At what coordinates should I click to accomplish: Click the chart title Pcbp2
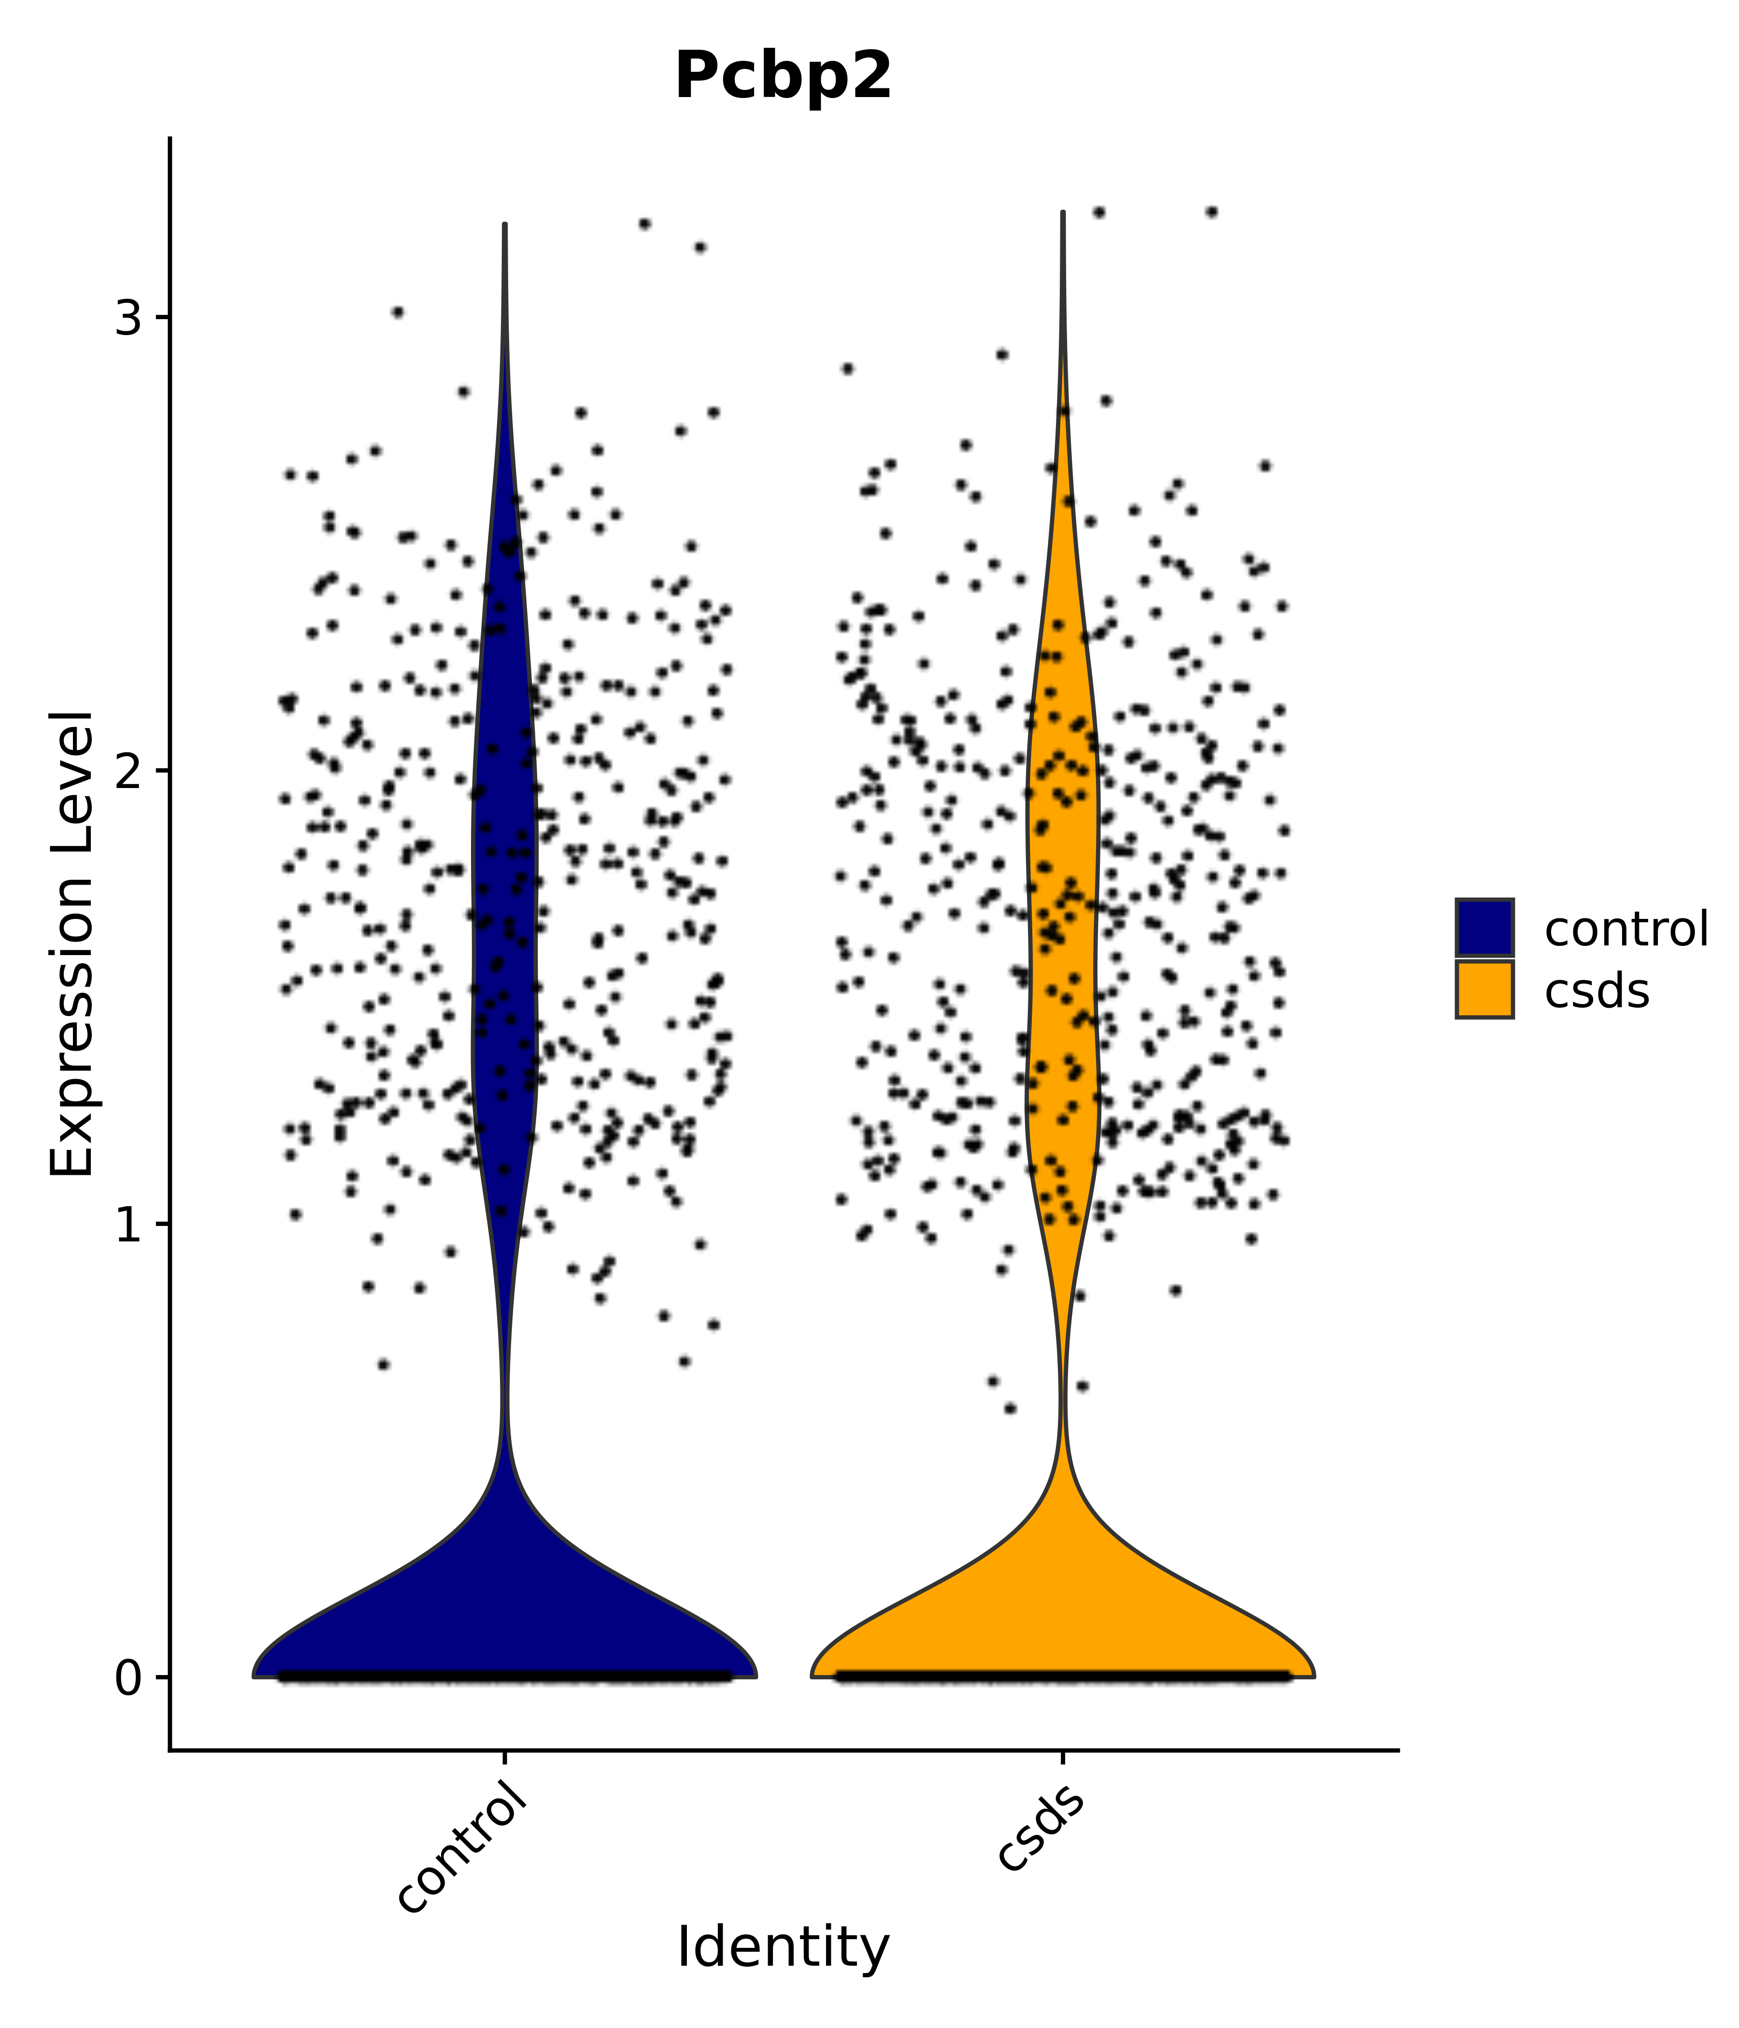click(x=784, y=76)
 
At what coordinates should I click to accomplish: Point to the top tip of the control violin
click(x=504, y=225)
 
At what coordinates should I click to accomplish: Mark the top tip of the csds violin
click(x=1062, y=212)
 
